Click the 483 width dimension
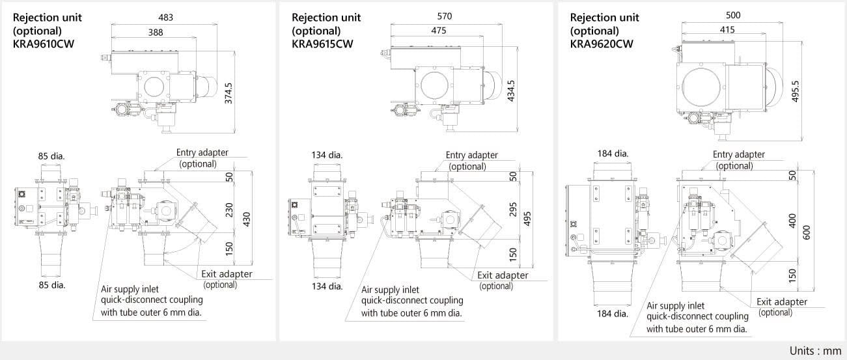[x=166, y=18]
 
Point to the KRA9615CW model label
[x=322, y=44]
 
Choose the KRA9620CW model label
[x=601, y=44]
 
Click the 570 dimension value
[x=445, y=16]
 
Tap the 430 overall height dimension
[x=247, y=219]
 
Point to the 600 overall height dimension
[x=809, y=231]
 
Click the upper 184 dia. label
[x=613, y=154]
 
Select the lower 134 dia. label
[x=327, y=286]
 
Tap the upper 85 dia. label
[x=51, y=156]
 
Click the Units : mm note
[x=815, y=350]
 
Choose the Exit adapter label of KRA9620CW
[x=781, y=301]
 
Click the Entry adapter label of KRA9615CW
[x=471, y=155]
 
